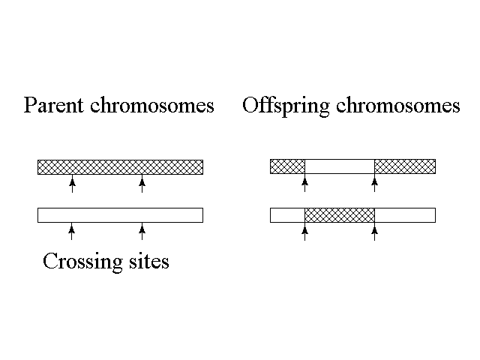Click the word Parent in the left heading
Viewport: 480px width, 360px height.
click(x=53, y=106)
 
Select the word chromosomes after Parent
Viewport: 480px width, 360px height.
click(x=151, y=106)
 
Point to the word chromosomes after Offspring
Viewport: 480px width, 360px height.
click(x=397, y=106)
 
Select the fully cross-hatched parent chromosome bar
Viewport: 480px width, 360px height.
click(x=120, y=166)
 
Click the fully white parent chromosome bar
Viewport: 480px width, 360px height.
click(x=120, y=215)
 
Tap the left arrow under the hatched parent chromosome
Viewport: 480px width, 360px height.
click(x=72, y=184)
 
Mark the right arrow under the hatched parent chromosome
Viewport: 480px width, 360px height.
click(x=142, y=184)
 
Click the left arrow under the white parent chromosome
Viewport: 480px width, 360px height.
click(x=72, y=232)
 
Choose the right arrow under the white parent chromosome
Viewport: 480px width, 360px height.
click(x=142, y=232)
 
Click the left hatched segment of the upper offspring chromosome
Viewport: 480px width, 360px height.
click(x=287, y=166)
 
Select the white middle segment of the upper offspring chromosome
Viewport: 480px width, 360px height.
click(x=339, y=166)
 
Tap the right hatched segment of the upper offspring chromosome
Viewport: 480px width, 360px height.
click(x=405, y=166)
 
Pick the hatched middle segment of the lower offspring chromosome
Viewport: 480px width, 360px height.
click(x=339, y=215)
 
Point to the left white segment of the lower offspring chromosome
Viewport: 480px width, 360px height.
click(x=287, y=215)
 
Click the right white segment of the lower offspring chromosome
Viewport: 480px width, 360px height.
click(x=405, y=215)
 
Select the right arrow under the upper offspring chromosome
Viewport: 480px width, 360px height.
click(x=374, y=184)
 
